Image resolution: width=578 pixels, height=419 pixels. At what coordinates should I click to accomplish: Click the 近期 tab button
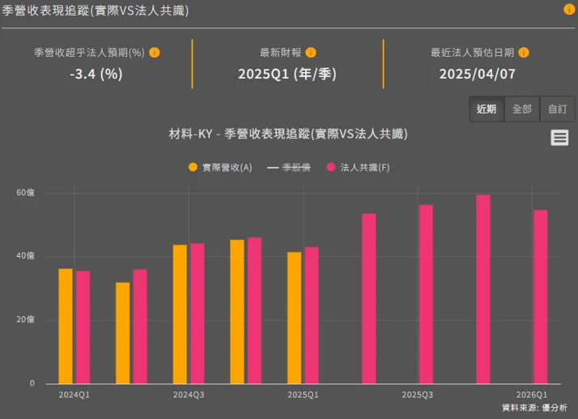(x=487, y=109)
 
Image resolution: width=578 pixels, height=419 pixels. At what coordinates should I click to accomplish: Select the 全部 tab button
(x=522, y=109)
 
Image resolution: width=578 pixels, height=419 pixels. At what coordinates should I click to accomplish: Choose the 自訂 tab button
(x=557, y=109)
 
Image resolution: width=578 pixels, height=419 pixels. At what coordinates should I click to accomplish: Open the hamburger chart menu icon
(x=559, y=138)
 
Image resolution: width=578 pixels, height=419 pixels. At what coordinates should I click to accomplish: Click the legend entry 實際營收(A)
(x=220, y=167)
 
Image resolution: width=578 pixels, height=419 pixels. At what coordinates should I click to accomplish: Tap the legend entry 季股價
(x=288, y=167)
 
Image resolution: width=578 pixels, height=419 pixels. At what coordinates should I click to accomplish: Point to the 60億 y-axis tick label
(x=25, y=193)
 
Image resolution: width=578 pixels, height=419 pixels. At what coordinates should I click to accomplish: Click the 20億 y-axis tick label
(x=25, y=319)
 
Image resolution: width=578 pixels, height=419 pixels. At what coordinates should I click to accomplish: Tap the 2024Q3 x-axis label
(x=189, y=395)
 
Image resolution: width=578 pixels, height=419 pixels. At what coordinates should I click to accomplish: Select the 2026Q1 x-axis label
(x=532, y=395)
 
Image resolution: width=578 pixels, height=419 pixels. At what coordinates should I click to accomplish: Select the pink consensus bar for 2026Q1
(x=541, y=297)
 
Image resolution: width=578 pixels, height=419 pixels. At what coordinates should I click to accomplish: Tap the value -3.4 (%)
(x=96, y=74)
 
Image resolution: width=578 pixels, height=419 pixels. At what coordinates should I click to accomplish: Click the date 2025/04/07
(x=478, y=74)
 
